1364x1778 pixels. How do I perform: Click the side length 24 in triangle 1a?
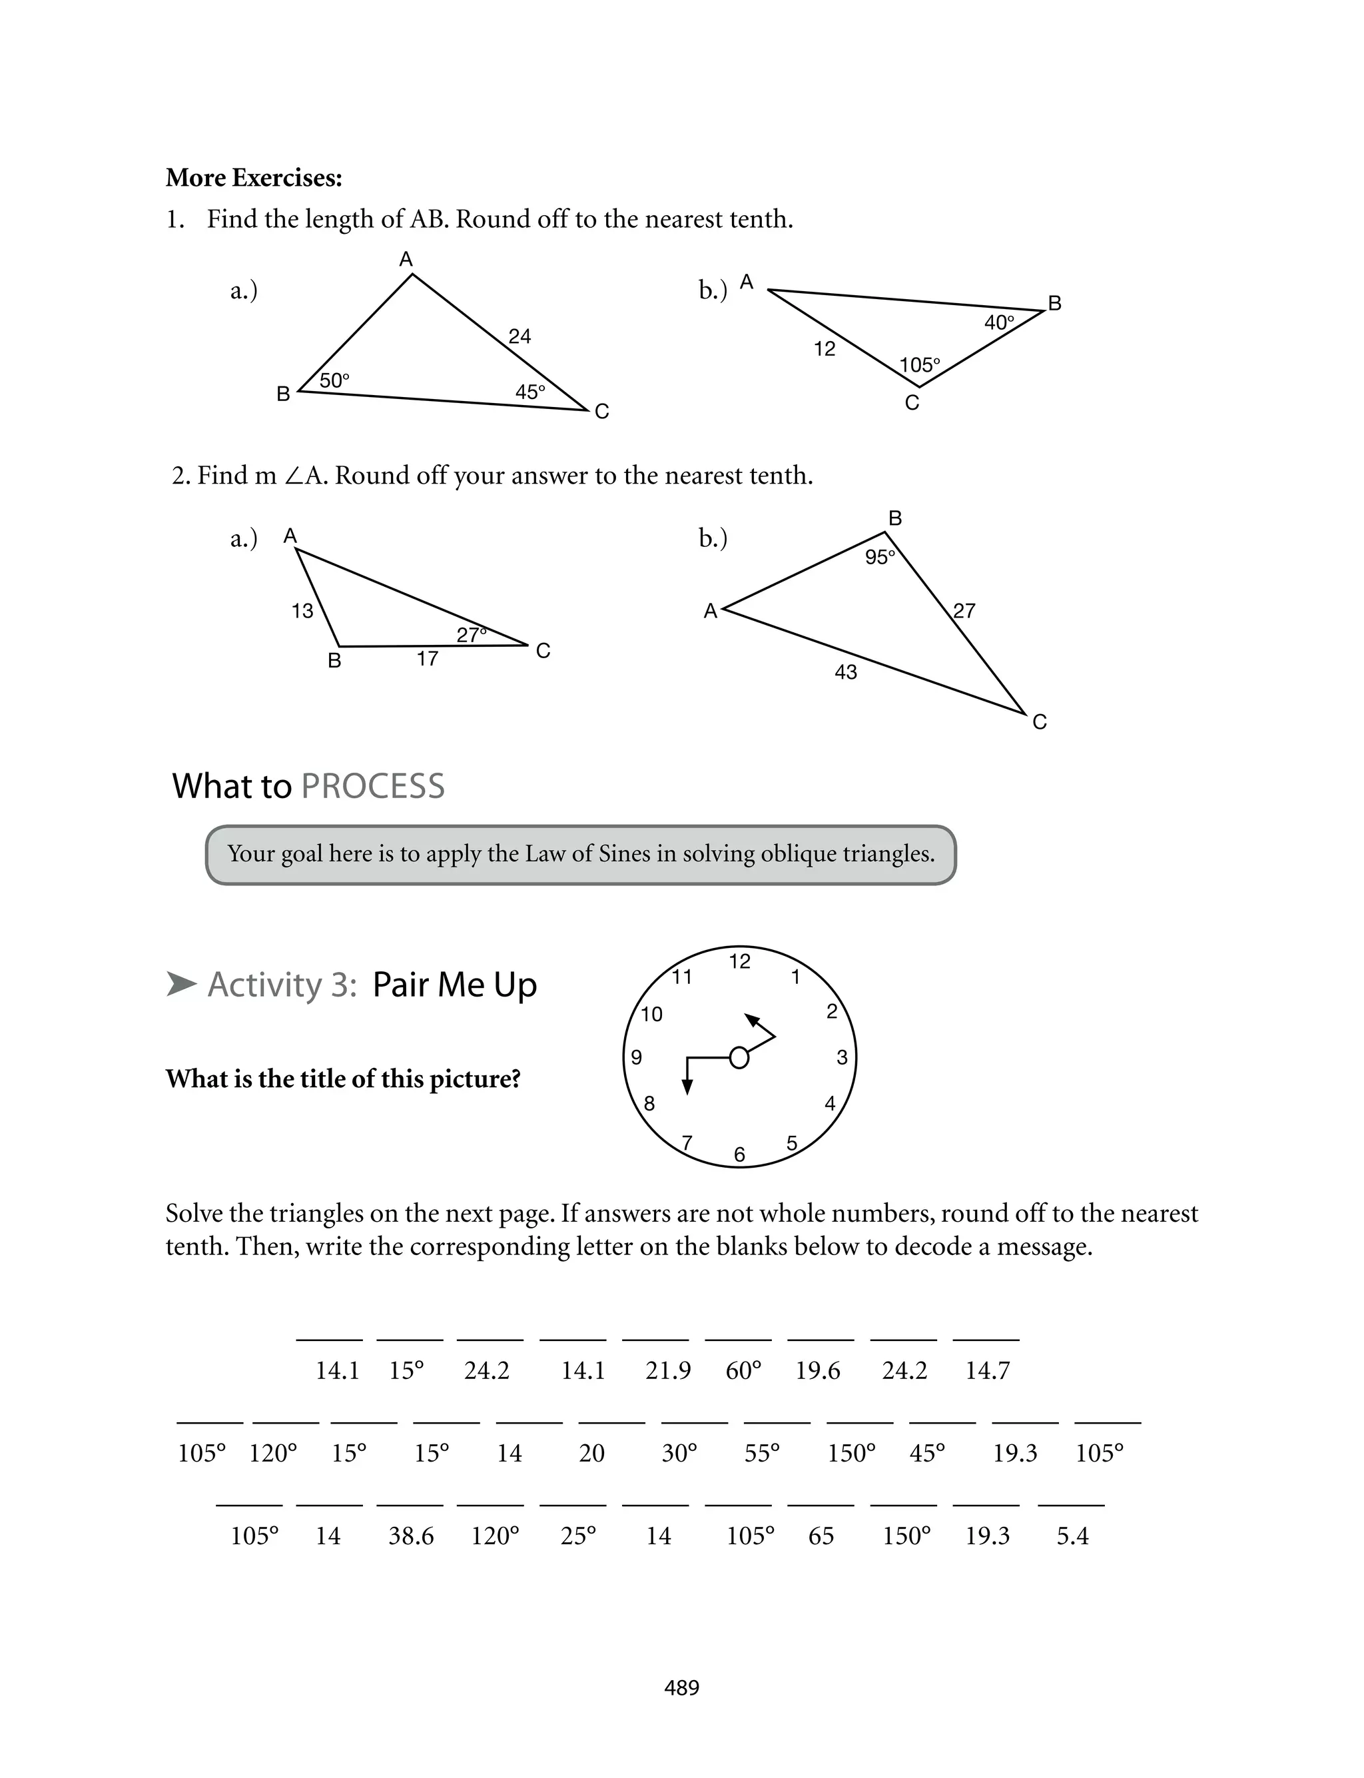coord(519,336)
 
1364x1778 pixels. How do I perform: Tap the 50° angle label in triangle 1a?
coord(334,380)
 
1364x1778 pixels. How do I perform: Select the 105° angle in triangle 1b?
coord(919,365)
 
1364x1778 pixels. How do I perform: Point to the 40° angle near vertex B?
coord(998,322)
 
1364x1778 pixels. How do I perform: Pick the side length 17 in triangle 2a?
coord(427,658)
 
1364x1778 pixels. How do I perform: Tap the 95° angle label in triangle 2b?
coord(879,557)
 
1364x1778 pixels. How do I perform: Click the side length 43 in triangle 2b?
coord(845,672)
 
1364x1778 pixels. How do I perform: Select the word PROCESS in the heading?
coord(373,786)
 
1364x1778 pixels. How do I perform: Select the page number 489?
coord(681,1687)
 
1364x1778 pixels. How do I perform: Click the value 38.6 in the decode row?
coord(411,1536)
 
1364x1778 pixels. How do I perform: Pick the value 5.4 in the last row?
coord(1072,1536)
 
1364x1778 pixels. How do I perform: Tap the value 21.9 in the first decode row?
coord(667,1370)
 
